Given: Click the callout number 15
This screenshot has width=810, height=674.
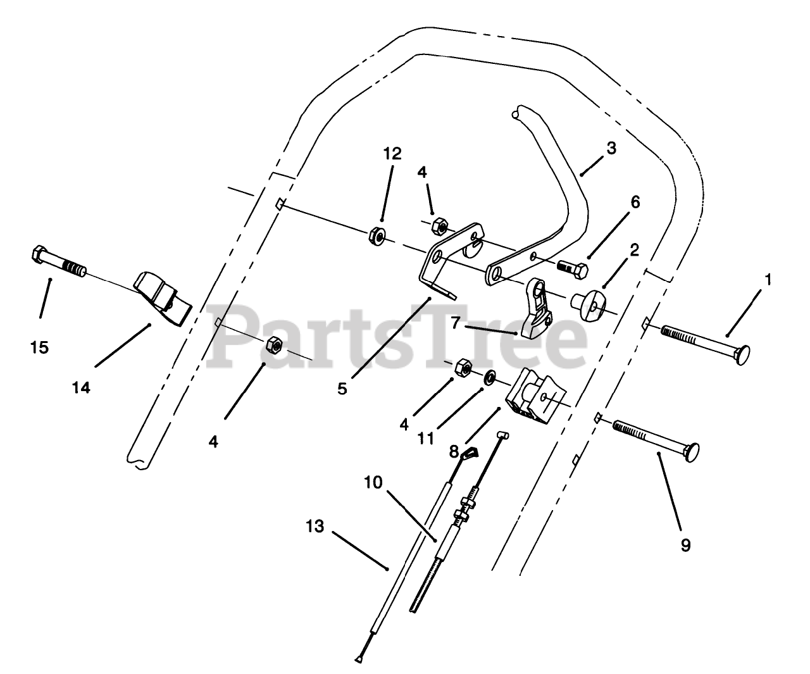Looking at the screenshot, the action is tap(39, 347).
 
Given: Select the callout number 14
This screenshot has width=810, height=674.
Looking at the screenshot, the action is tap(81, 387).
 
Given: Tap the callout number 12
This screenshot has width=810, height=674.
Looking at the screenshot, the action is tap(392, 154).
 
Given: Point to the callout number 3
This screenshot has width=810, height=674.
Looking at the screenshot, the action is tap(611, 148).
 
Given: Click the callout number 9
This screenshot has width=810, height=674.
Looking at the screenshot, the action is tap(686, 544).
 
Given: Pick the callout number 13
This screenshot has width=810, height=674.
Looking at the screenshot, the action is tap(315, 526).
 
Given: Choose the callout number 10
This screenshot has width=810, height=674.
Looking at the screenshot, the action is tap(373, 482).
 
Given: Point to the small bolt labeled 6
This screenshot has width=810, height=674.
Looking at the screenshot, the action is tap(573, 268).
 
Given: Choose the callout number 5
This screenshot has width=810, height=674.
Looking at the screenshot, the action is tap(342, 389).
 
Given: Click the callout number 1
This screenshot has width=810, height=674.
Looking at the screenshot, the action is tap(768, 278).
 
